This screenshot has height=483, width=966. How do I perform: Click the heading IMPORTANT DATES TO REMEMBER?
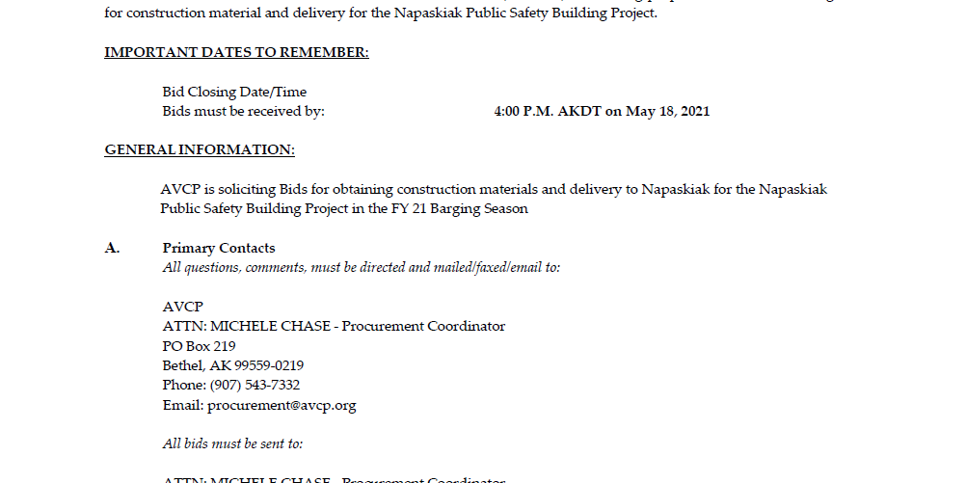click(x=236, y=52)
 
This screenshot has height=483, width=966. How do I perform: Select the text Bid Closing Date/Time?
click(x=234, y=92)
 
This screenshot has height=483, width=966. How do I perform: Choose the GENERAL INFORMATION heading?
click(x=200, y=149)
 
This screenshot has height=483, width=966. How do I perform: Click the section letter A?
click(x=112, y=248)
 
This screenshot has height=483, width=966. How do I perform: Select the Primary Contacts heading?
click(x=219, y=248)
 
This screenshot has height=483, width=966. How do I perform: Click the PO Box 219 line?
click(x=200, y=345)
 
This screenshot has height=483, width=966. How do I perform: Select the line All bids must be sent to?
click(x=232, y=443)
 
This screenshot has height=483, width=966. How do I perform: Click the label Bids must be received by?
click(x=243, y=111)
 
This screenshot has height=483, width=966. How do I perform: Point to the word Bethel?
click(x=181, y=365)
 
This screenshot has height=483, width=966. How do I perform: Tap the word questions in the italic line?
click(x=210, y=267)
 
